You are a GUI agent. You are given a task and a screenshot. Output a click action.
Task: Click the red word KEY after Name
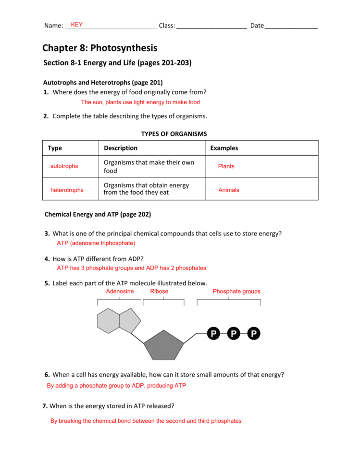(x=76, y=25)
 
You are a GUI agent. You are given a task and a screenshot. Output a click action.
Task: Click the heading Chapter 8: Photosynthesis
(x=99, y=48)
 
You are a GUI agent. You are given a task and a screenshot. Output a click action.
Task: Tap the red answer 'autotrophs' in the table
(x=64, y=166)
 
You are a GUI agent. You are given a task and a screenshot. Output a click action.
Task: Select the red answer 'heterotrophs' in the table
(x=67, y=190)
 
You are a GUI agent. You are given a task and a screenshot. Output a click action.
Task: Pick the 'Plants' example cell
(x=226, y=166)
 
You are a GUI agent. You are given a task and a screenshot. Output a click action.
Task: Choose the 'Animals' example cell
(x=229, y=190)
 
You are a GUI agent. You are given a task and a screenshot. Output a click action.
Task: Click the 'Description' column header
(x=121, y=148)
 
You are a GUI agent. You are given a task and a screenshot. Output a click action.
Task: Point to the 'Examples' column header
(x=224, y=148)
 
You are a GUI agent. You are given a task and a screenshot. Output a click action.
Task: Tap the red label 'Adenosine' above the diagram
(x=120, y=292)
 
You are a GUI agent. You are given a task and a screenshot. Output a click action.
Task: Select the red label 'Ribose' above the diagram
(x=159, y=292)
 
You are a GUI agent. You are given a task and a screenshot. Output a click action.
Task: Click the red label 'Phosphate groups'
(x=236, y=292)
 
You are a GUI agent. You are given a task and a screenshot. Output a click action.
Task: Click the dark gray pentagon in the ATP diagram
(x=164, y=346)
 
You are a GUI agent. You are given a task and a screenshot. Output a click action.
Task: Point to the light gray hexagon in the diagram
(x=109, y=320)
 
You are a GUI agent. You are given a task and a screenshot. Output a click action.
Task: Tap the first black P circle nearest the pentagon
(x=213, y=333)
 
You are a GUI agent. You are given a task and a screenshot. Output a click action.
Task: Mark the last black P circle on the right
(x=253, y=333)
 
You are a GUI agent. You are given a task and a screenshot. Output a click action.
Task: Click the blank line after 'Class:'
(x=211, y=26)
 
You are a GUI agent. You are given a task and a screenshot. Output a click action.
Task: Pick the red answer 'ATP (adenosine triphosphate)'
(x=96, y=244)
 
